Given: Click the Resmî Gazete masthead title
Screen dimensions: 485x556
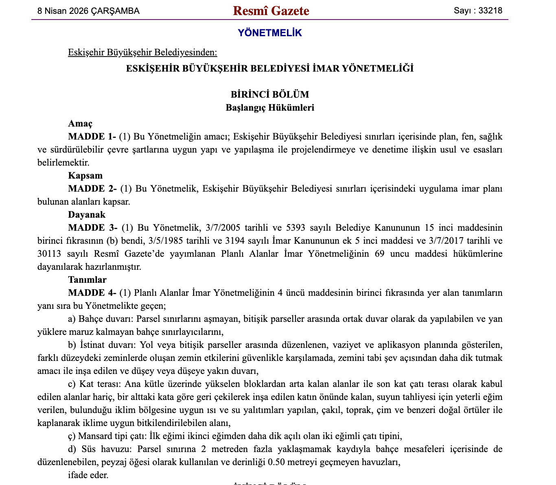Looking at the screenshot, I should tap(271, 11).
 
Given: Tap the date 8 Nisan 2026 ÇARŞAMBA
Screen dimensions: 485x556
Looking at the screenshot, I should tap(88, 11).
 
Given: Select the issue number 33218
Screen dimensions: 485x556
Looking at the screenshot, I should tap(490, 11).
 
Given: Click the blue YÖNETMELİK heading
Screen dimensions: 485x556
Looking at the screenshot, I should tap(270, 33).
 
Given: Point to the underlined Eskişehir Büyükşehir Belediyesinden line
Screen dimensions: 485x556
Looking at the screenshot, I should tap(142, 52).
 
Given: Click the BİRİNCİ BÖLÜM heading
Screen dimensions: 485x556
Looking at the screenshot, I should tap(270, 94).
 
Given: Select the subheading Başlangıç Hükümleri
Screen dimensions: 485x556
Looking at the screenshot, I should tap(270, 108).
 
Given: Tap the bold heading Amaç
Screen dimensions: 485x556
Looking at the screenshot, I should tap(80, 124).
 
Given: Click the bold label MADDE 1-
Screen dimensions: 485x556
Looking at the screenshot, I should tap(92, 137).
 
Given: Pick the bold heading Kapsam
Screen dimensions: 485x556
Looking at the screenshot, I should tap(85, 176).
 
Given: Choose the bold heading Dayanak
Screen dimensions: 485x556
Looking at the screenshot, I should tap(87, 215).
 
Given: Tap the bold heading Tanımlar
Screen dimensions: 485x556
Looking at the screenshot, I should tap(87, 280).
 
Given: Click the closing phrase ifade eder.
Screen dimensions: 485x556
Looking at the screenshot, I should tap(88, 475).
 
